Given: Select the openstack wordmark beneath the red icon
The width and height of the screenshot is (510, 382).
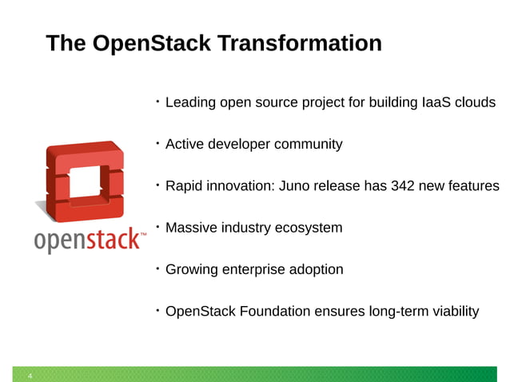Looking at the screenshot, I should (x=90, y=241).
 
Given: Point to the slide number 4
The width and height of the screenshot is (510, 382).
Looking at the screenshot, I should (x=30, y=376).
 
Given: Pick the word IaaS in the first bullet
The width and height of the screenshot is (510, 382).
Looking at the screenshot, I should (x=436, y=103).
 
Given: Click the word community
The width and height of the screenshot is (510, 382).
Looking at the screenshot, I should (x=308, y=145).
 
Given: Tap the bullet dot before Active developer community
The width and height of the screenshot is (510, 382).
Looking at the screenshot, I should (x=158, y=143).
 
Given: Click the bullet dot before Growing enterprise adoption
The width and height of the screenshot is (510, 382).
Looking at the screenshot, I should (x=158, y=268).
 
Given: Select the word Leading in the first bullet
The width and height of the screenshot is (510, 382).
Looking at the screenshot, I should (x=189, y=103).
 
